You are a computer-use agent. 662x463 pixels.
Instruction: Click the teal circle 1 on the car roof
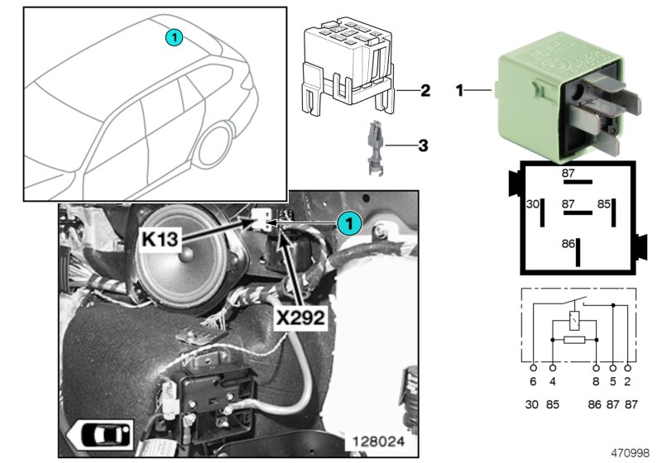point(173,36)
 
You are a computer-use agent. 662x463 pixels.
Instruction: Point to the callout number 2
point(425,91)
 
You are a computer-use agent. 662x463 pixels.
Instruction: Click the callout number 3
point(422,146)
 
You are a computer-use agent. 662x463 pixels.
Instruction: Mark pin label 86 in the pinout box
point(567,244)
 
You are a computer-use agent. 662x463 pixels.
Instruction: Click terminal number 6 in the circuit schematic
point(533,382)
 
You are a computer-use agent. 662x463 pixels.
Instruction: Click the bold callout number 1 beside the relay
point(459,90)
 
